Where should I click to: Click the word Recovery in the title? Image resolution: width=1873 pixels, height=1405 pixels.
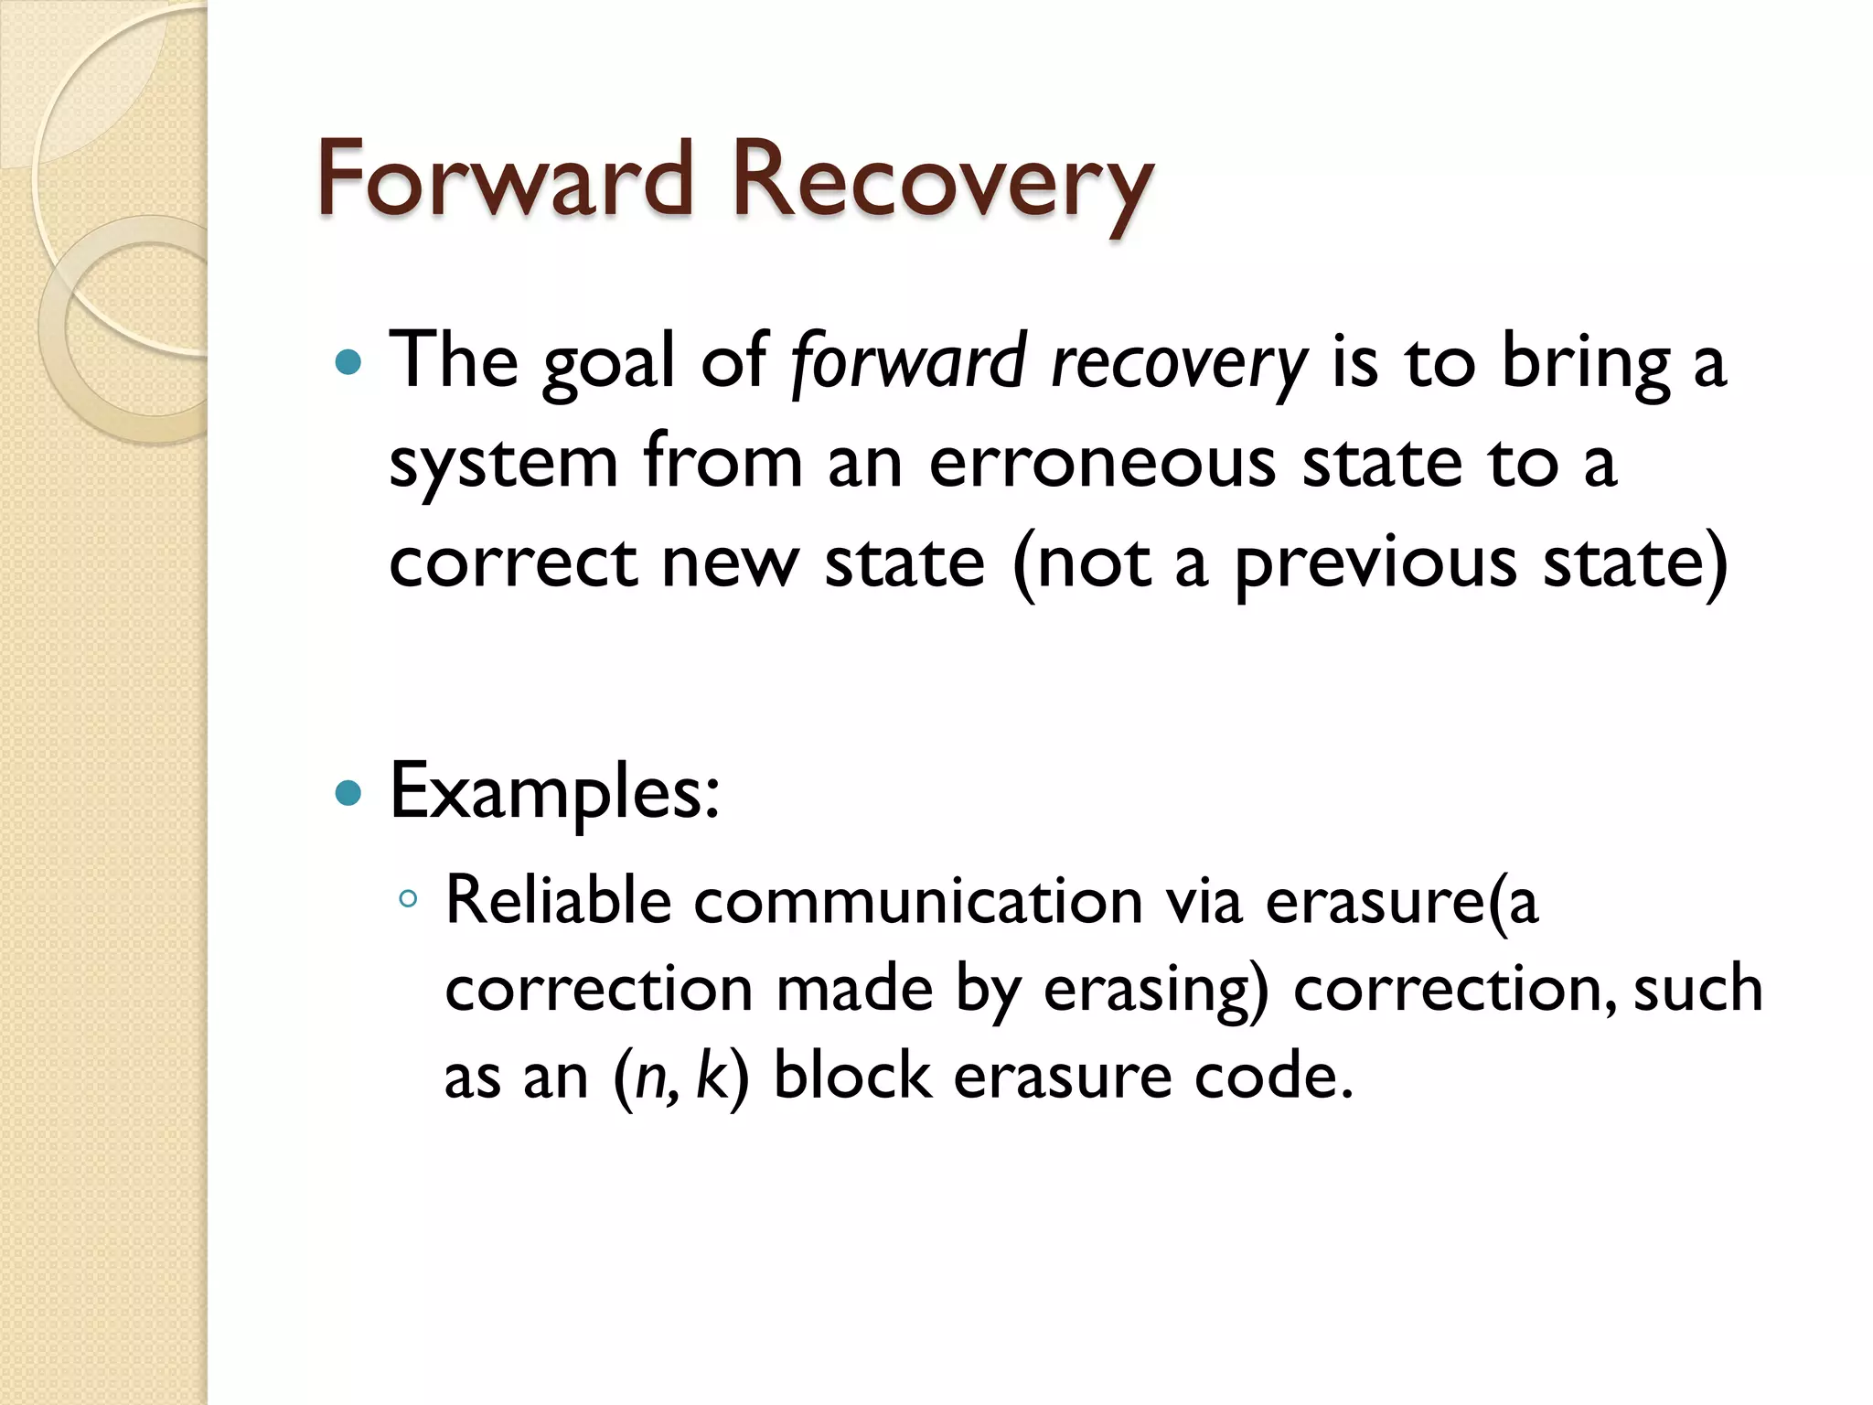[941, 183]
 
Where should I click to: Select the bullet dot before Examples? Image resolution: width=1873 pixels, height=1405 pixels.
[348, 792]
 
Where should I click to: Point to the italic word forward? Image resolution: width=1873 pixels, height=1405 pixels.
[908, 363]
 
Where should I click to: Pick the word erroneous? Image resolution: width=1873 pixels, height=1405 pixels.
[1101, 462]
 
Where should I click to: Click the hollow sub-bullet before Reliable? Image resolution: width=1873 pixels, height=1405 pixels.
[408, 899]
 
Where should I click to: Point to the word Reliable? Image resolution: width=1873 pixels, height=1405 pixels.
[558, 900]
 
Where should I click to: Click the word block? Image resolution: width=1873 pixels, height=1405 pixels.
[851, 1076]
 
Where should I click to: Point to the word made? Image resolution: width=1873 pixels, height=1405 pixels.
[854, 989]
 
